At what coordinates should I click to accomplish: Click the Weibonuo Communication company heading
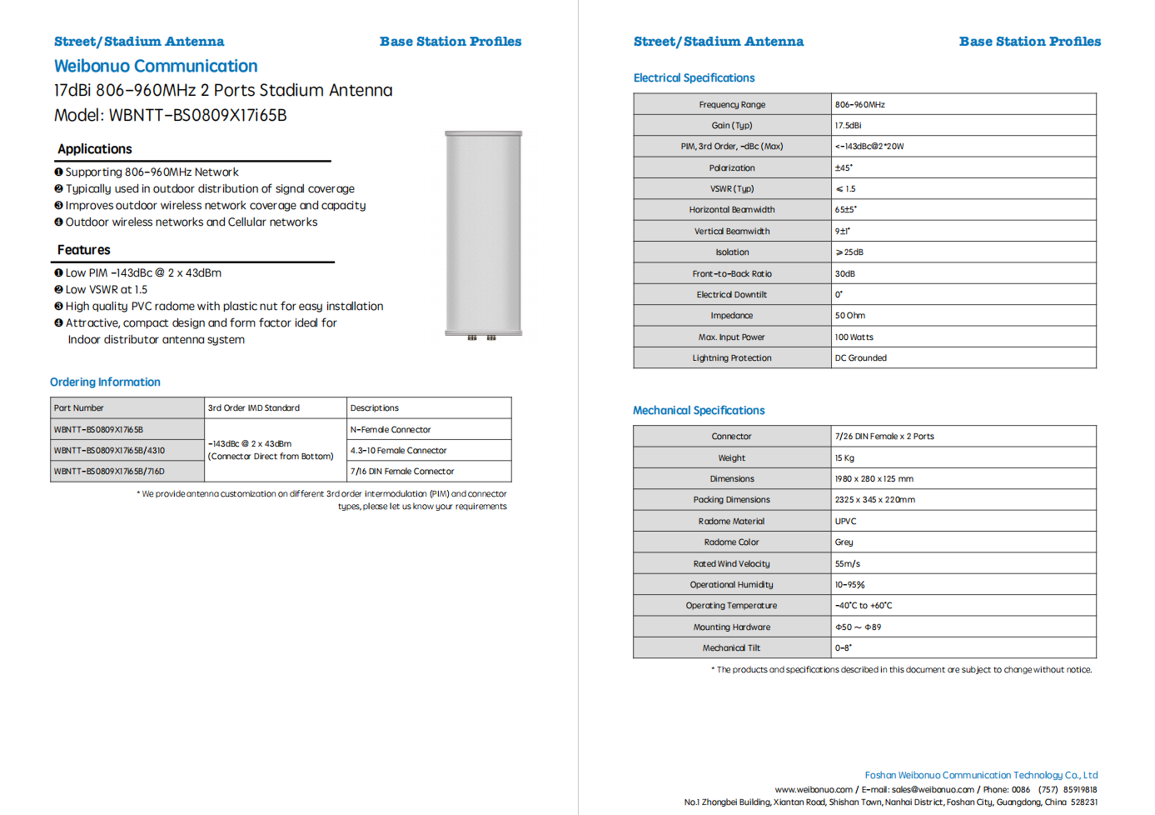(x=156, y=66)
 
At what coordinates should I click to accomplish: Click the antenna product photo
(x=483, y=233)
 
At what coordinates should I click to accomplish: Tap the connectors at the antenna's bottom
(x=481, y=337)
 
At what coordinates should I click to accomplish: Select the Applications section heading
(x=94, y=149)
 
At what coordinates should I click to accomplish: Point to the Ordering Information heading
(x=105, y=382)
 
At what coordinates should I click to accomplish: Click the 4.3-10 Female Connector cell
(x=399, y=451)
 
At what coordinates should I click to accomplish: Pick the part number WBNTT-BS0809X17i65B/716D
(x=109, y=472)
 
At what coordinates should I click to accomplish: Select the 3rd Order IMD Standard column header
(x=254, y=408)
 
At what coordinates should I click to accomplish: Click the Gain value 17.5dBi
(x=848, y=126)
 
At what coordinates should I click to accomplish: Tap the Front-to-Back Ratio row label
(x=732, y=274)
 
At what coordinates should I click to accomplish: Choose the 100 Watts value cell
(x=854, y=337)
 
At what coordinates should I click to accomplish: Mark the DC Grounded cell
(x=861, y=358)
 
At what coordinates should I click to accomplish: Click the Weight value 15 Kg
(x=844, y=458)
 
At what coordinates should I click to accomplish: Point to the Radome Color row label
(x=732, y=542)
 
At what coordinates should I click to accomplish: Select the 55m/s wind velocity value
(x=848, y=564)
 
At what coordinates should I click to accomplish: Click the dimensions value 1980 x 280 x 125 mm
(x=874, y=479)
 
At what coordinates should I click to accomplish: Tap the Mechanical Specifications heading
(x=699, y=410)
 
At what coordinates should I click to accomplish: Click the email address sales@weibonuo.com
(x=933, y=789)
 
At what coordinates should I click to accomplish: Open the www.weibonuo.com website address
(x=814, y=789)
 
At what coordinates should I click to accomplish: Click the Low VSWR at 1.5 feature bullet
(x=106, y=290)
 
